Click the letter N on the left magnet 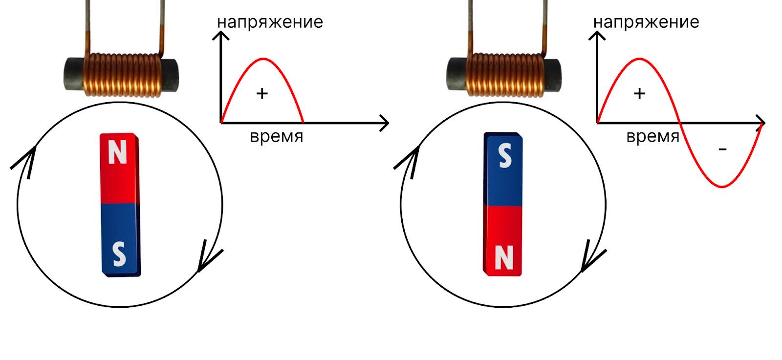click(117, 153)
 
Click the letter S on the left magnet click(119, 254)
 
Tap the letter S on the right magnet click(505, 156)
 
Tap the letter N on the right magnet click(504, 257)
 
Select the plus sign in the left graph click(262, 93)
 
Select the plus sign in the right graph click(639, 93)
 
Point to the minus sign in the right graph click(723, 149)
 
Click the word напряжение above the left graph click(270, 22)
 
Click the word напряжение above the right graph click(646, 22)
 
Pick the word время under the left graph click(277, 136)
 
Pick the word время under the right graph click(653, 136)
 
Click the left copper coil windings click(122, 74)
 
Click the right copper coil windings click(505, 74)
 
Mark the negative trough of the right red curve click(722, 187)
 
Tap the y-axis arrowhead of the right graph click(597, 35)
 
